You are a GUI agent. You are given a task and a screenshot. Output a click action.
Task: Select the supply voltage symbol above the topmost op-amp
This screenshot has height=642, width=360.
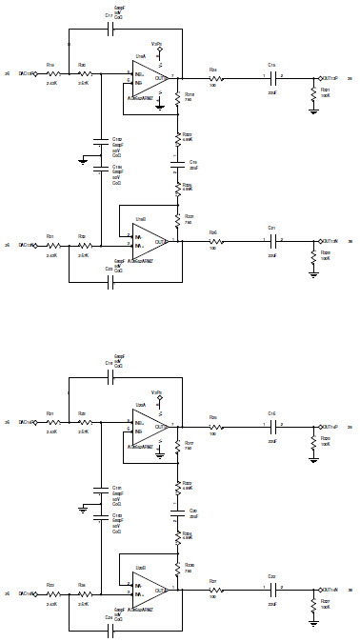pyautogui.click(x=156, y=47)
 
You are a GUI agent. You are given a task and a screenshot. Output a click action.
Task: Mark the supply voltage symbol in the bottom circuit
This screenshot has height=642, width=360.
pyautogui.click(x=156, y=394)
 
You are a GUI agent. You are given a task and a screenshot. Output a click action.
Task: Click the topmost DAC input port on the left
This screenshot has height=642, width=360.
pyautogui.click(x=32, y=72)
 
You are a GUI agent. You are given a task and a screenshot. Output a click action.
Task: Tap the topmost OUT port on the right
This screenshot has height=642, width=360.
pyautogui.click(x=328, y=78)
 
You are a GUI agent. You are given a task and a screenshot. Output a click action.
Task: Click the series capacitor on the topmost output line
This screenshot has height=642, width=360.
pyautogui.click(x=272, y=78)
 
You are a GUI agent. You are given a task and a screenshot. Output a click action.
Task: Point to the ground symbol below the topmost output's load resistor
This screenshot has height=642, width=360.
pyautogui.click(x=313, y=110)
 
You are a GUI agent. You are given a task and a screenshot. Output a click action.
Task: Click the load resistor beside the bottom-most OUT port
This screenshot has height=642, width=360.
pyautogui.click(x=313, y=605)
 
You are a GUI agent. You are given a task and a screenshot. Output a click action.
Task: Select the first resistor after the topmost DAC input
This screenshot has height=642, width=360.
pyautogui.click(x=53, y=72)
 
